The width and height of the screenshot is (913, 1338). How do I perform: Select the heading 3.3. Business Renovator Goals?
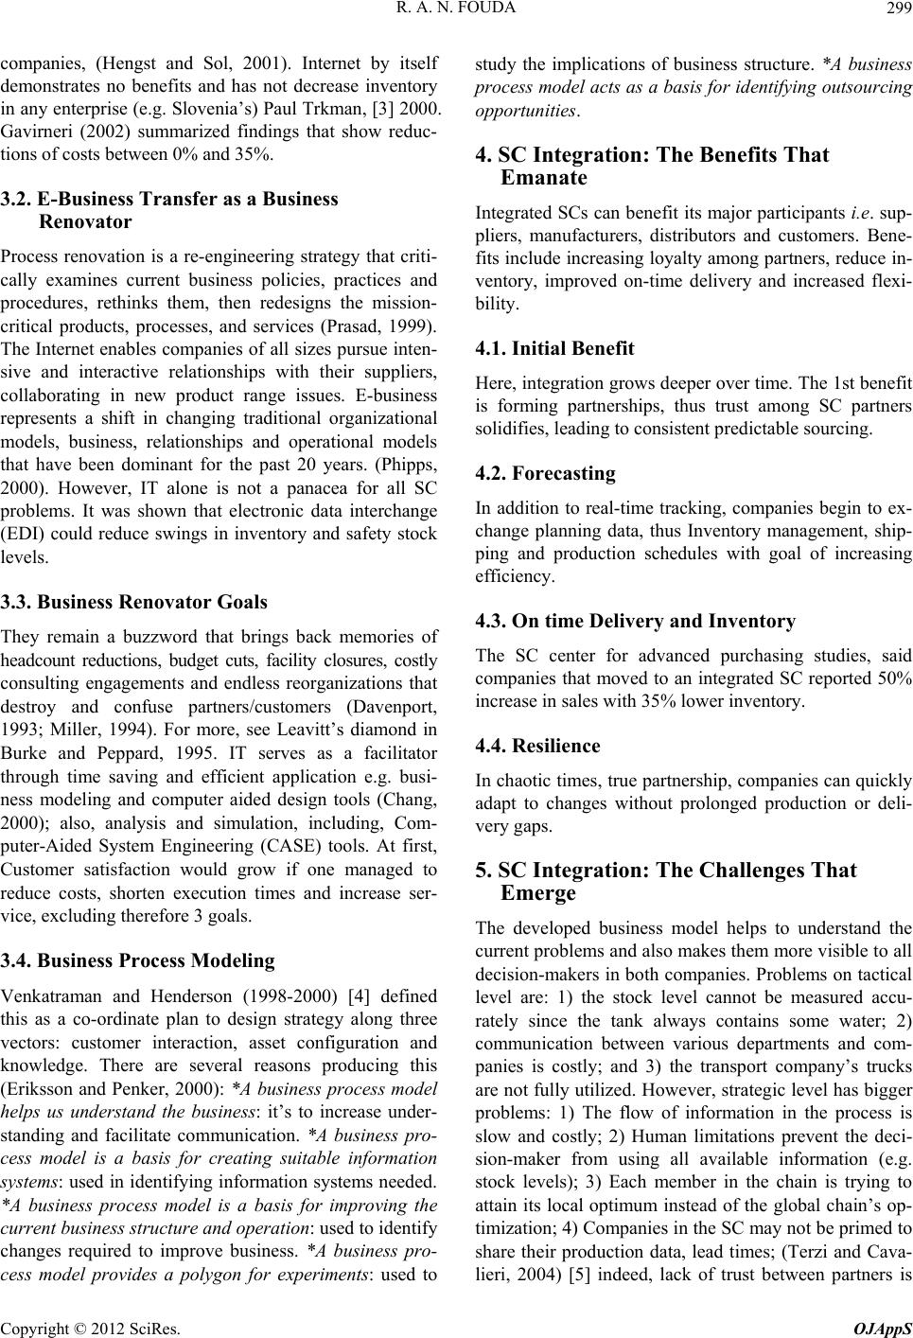pos(134,602)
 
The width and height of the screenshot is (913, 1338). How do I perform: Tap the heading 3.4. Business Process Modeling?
pos(138,960)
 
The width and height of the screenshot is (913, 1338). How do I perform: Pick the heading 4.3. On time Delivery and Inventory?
pos(635,622)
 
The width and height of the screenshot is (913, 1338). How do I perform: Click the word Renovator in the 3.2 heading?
pos(86,222)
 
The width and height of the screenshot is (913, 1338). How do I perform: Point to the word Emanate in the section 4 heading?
pos(544,178)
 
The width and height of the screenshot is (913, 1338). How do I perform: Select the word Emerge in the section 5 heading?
pos(538,893)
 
